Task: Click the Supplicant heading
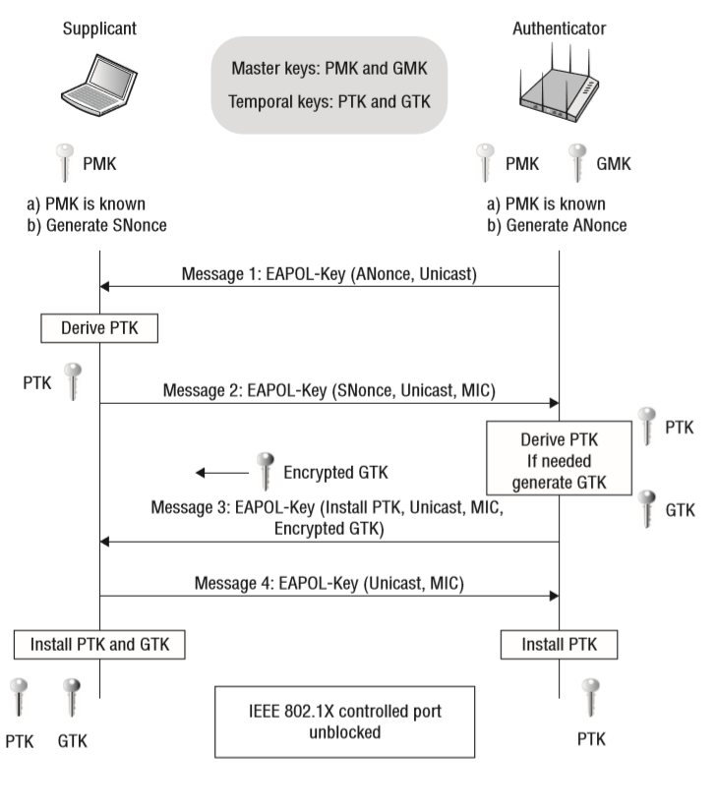(x=99, y=29)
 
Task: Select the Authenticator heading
(x=559, y=29)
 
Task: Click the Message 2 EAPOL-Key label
(x=328, y=391)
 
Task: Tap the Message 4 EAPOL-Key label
(x=328, y=582)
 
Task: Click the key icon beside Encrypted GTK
(x=263, y=470)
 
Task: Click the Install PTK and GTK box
(x=99, y=645)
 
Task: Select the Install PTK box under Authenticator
(x=558, y=645)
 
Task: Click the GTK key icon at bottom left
(x=70, y=700)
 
